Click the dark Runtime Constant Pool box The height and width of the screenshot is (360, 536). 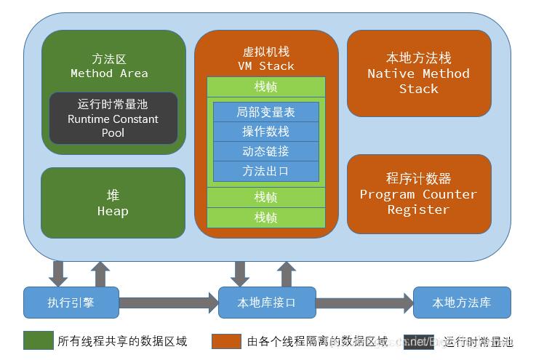pos(113,118)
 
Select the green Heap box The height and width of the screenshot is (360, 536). pos(113,203)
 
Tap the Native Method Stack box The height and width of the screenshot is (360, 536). pos(418,73)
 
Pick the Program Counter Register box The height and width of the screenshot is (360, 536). pos(418,193)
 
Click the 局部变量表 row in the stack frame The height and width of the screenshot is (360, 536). pos(266,112)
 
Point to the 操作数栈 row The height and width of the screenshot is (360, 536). pos(266,132)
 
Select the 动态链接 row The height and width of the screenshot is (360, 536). pos(266,151)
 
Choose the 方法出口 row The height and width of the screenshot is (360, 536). pos(266,171)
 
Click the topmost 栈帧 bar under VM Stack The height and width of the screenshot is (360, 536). pos(266,87)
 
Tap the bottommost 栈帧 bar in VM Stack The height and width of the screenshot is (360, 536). pos(266,217)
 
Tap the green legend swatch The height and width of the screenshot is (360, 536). pos(38,340)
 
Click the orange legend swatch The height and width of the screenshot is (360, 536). pos(226,340)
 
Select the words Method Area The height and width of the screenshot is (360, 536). pos(109,73)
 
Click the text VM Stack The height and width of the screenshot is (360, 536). pos(266,66)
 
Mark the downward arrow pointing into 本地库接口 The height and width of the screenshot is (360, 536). pos(240,273)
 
